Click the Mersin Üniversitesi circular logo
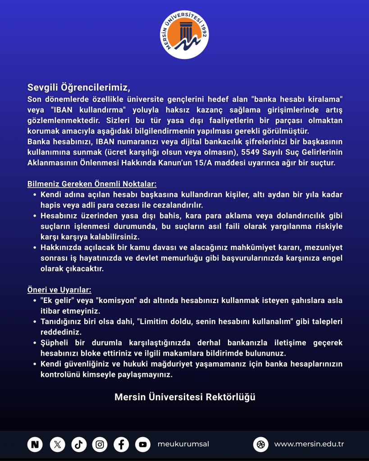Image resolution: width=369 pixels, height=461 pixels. click(185, 36)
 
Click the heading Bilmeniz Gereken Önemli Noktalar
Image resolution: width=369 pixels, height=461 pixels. click(92, 184)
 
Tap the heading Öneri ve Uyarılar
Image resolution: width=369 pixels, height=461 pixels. click(59, 290)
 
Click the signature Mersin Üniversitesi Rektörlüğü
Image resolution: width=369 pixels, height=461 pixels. click(185, 397)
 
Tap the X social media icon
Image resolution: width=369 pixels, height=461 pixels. click(57, 444)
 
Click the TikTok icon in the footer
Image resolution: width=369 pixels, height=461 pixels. click(78, 444)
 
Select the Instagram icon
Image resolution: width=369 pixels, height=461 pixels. click(100, 444)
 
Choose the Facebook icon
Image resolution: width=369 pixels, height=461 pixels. click(121, 444)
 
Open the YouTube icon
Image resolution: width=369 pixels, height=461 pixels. click(142, 444)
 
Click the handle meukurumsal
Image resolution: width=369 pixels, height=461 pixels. click(183, 444)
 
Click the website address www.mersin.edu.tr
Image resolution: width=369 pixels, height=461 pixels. click(309, 444)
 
